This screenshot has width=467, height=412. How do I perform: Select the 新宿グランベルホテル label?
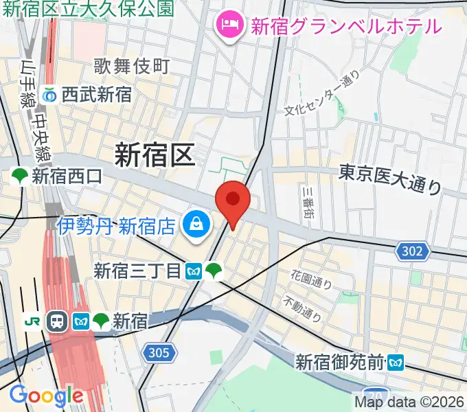[345, 27]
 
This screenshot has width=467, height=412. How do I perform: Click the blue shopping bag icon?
[196, 225]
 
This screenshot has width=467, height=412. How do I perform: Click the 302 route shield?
[412, 251]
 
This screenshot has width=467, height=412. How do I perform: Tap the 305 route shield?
[158, 353]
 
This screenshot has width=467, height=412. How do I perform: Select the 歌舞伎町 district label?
[131, 67]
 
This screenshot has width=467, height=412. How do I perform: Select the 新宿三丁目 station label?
[137, 271]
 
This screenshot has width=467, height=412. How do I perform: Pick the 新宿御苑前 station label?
[340, 361]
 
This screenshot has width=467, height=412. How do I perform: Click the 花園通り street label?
[311, 279]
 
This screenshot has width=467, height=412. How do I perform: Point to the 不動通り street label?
[302, 308]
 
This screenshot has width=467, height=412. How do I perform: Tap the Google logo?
[45, 396]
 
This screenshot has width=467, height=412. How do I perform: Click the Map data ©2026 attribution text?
[409, 402]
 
